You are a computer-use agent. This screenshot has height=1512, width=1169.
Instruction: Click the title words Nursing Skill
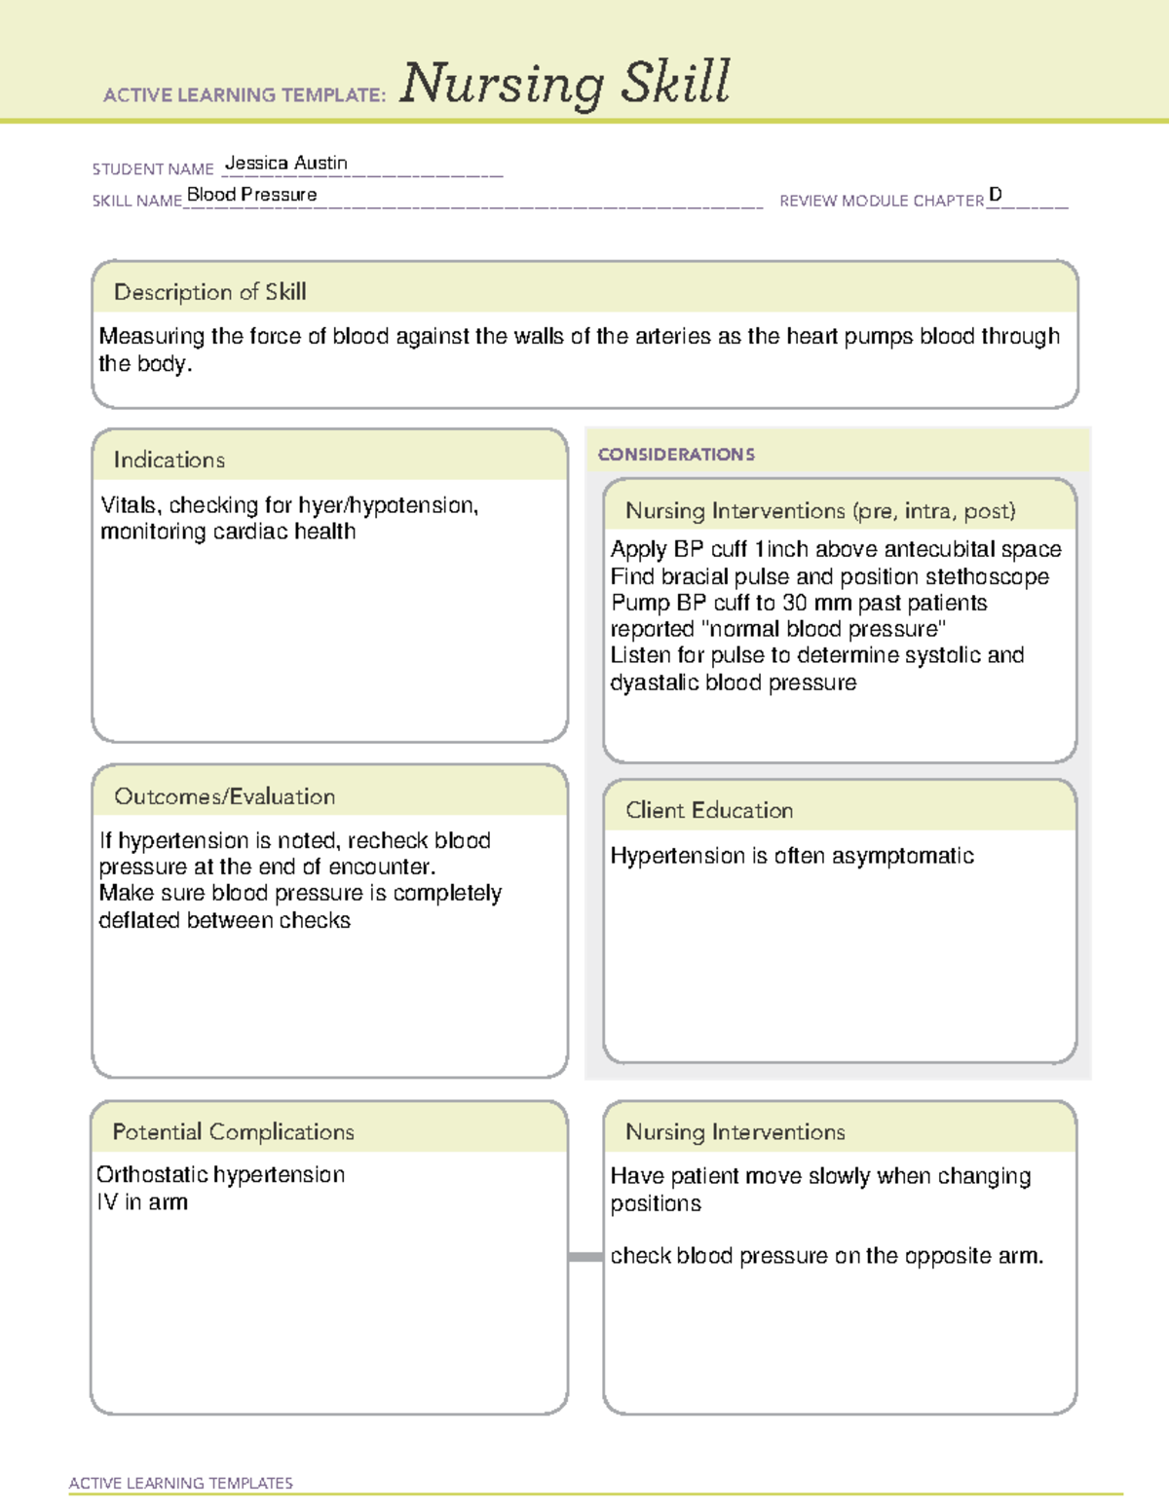pyautogui.click(x=564, y=84)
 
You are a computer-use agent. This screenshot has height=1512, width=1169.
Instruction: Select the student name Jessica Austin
pyautogui.click(x=285, y=164)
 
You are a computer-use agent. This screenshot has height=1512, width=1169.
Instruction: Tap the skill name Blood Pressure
pyautogui.click(x=251, y=195)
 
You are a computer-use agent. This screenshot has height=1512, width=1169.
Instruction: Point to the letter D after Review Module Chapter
pyautogui.click(x=995, y=195)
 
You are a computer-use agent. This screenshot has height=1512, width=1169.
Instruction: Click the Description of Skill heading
pyautogui.click(x=209, y=292)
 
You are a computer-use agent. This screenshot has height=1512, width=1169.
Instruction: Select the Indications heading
pyautogui.click(x=169, y=460)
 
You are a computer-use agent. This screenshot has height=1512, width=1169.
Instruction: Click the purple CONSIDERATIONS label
pyautogui.click(x=676, y=455)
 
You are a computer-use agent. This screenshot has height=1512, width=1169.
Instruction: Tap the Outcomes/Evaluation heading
pyautogui.click(x=224, y=796)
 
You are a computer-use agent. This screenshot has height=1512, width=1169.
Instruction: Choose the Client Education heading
pyautogui.click(x=708, y=810)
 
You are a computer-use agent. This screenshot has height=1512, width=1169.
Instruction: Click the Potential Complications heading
pyautogui.click(x=233, y=1131)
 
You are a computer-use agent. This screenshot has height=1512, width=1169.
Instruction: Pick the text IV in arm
pyautogui.click(x=142, y=1202)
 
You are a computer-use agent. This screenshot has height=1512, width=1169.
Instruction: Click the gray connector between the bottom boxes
pyautogui.click(x=584, y=1257)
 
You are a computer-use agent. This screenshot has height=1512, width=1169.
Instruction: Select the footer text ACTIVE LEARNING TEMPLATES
pyautogui.click(x=180, y=1483)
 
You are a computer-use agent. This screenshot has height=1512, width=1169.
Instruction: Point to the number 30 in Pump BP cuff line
pyautogui.click(x=796, y=603)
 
